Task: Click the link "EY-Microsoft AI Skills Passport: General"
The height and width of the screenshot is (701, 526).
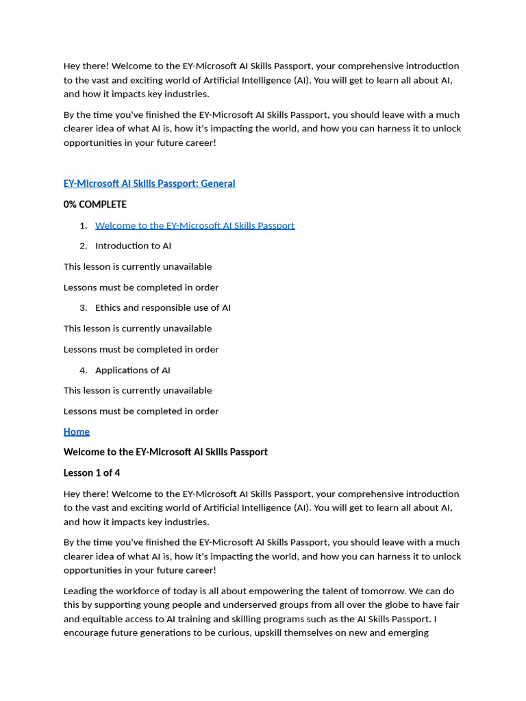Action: pos(149,183)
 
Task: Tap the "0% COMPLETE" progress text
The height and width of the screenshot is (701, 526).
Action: pos(95,205)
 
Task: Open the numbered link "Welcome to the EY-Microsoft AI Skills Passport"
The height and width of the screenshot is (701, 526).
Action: pos(195,225)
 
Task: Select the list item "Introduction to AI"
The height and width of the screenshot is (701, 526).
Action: pos(133,246)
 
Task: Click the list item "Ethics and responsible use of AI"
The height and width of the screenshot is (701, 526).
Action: pos(163,308)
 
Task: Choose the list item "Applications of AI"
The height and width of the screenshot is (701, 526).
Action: pos(132,370)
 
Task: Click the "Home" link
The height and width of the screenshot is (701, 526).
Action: pos(77,432)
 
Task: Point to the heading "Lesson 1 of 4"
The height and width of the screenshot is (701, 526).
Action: pos(92,473)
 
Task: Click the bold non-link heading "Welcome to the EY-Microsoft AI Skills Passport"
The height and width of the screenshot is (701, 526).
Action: pos(166,453)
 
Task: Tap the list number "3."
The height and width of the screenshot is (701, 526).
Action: pos(84,308)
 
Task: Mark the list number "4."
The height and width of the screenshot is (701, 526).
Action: pos(84,370)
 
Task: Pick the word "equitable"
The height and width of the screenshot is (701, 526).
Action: pos(108,619)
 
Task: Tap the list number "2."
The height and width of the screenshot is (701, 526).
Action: pos(84,246)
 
